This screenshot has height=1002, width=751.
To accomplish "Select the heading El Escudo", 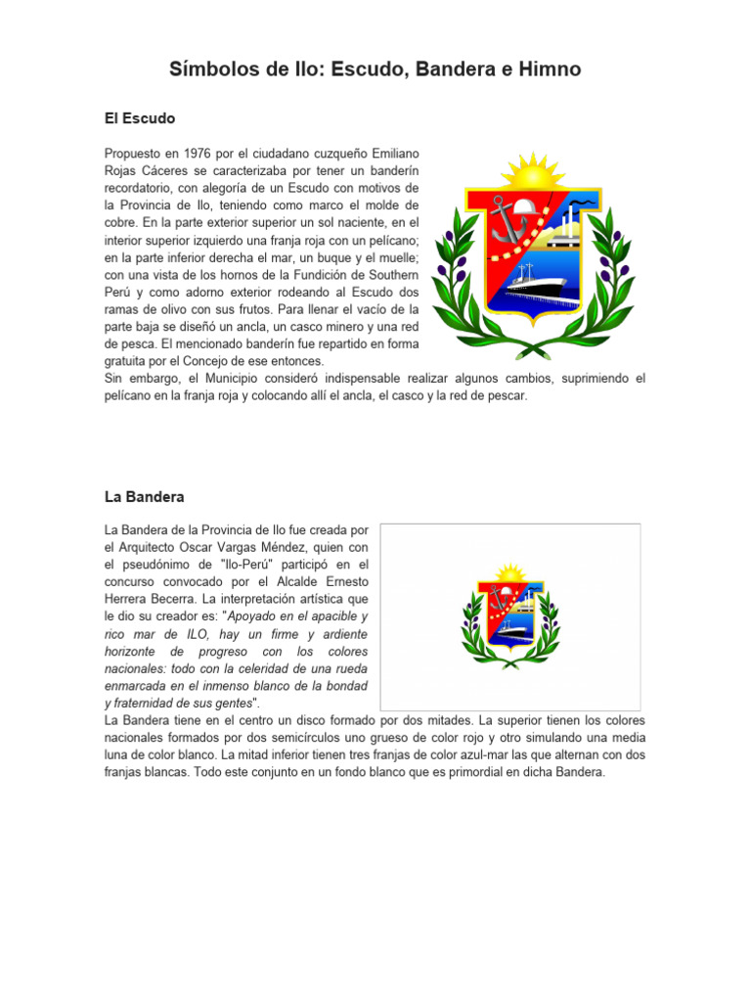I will pos(140,118).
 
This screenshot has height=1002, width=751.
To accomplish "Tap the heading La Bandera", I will pos(145,497).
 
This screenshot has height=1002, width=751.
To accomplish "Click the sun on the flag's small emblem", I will pos(510,572).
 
